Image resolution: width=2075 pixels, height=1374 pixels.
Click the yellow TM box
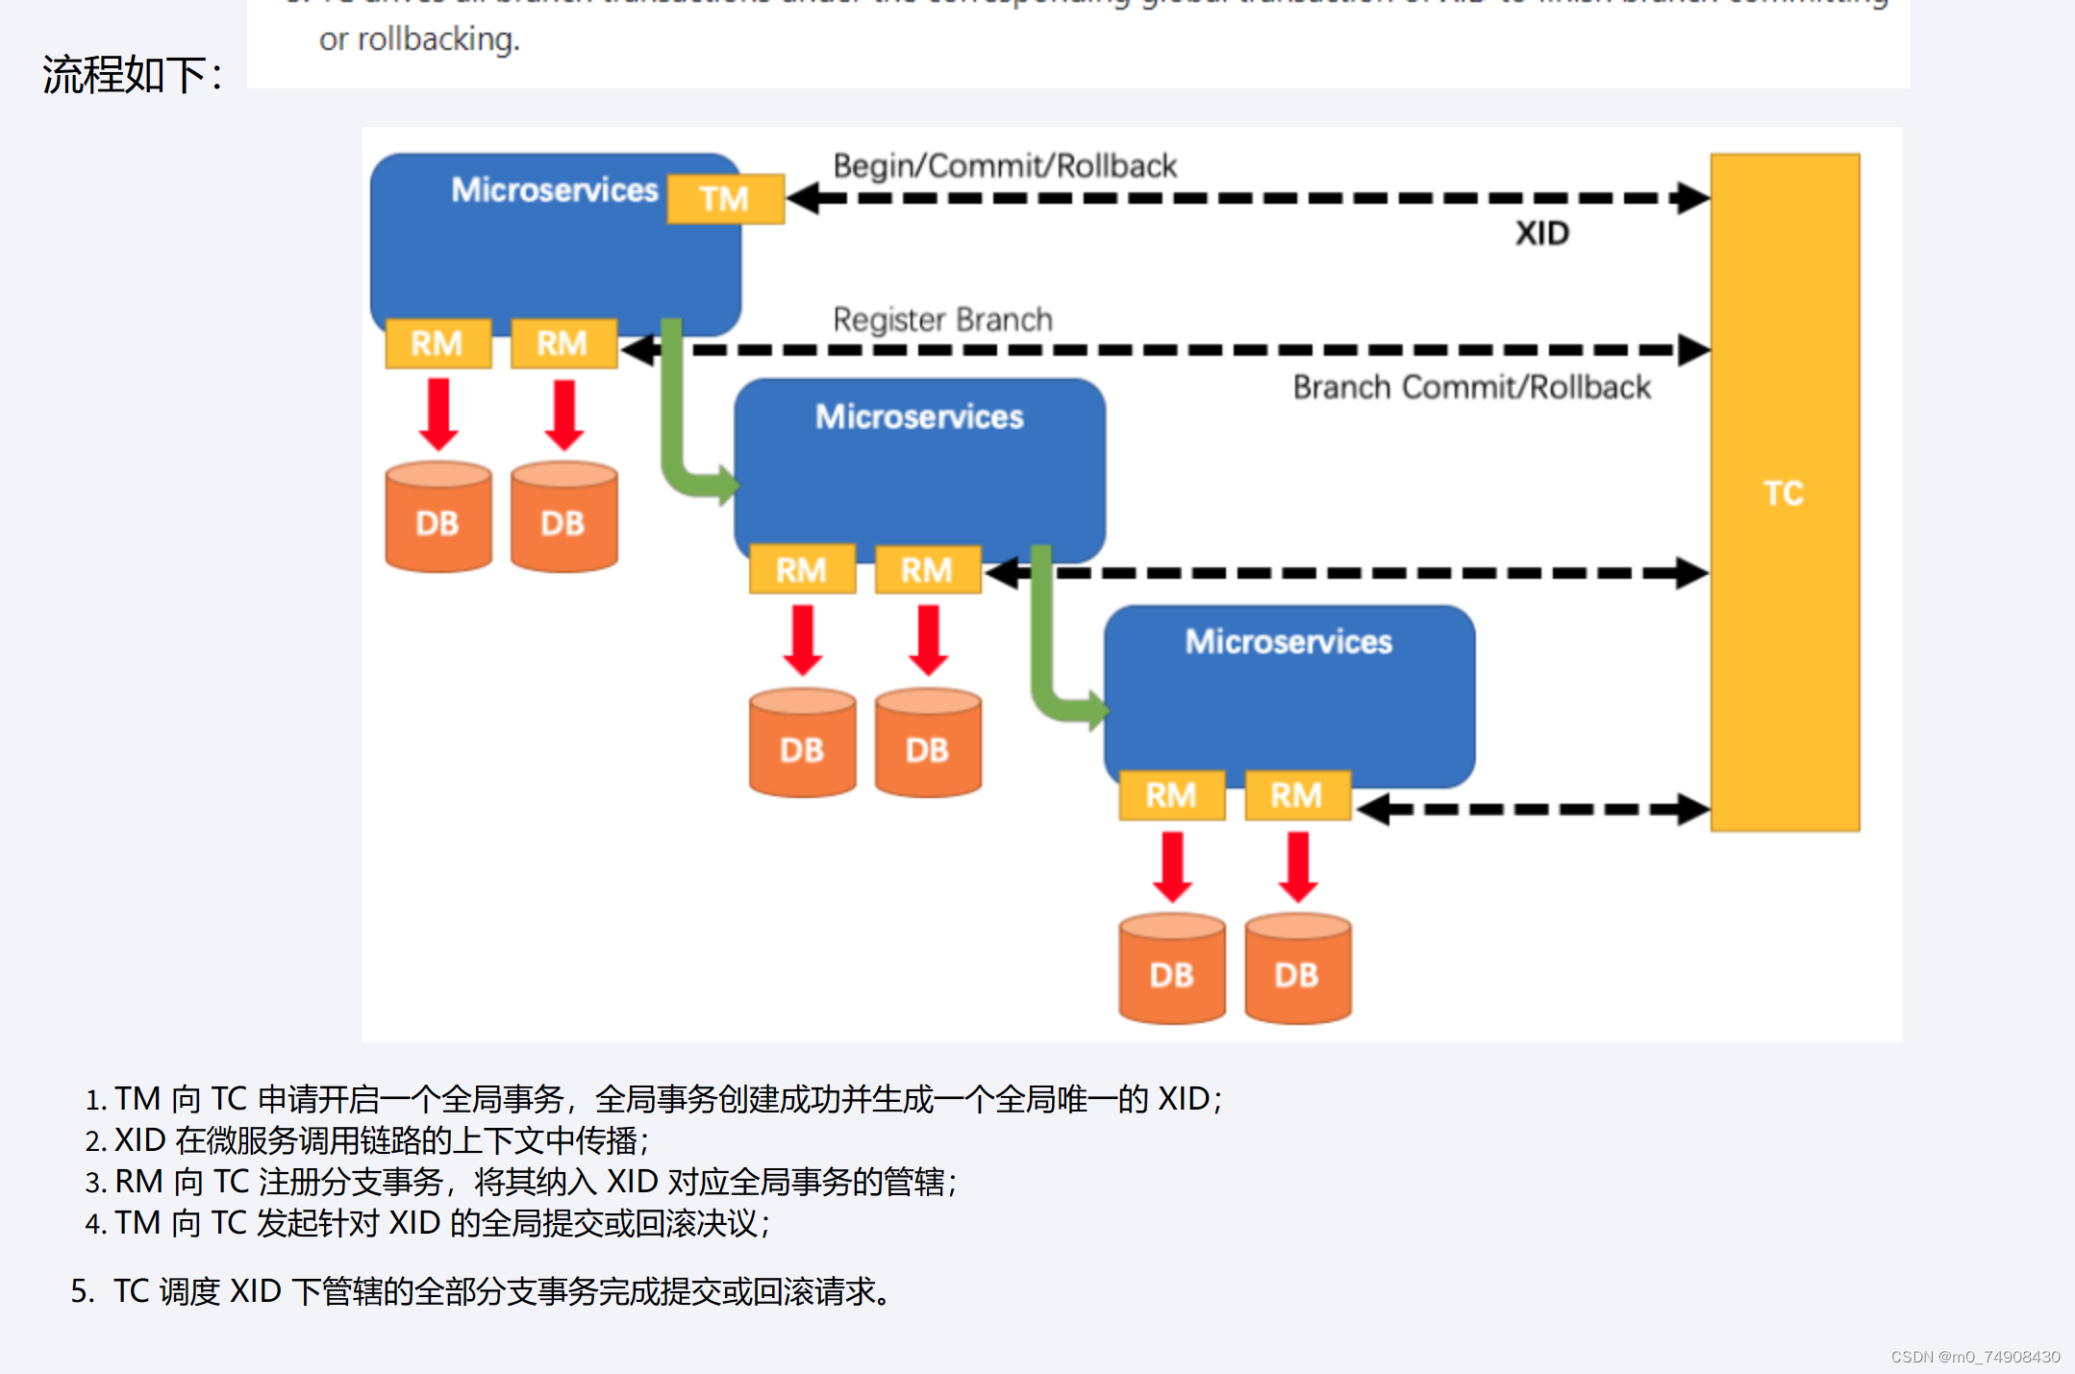725,199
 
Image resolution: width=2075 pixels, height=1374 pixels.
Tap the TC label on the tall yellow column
1783,493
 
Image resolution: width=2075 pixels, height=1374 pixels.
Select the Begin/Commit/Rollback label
1004,166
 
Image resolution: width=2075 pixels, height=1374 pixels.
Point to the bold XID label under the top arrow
1541,234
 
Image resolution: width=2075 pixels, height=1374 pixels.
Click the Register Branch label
942,319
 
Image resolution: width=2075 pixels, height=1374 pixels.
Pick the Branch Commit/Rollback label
1471,387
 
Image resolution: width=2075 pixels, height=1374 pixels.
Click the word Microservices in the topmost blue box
555,190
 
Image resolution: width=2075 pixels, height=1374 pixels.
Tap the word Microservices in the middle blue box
919,417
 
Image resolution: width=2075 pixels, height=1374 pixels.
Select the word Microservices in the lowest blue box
1288,641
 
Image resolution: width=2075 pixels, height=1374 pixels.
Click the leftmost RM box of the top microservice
437,343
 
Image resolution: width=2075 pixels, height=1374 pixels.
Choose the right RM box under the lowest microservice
1297,795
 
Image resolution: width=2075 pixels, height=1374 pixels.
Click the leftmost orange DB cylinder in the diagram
437,518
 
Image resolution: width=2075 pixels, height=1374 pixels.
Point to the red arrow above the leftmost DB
438,414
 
